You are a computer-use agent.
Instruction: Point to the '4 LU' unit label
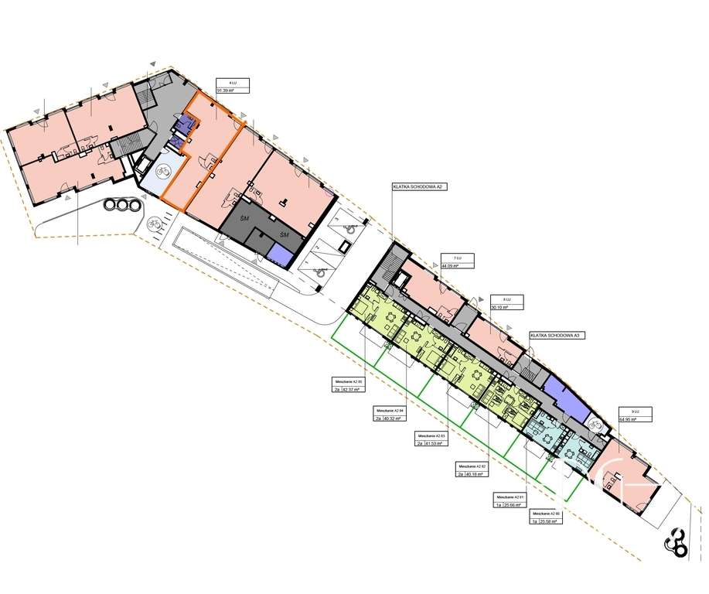tap(223, 81)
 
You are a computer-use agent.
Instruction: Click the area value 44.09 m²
tap(450, 266)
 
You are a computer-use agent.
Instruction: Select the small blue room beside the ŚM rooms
tap(280, 252)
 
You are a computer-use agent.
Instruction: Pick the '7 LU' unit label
tap(446, 257)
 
